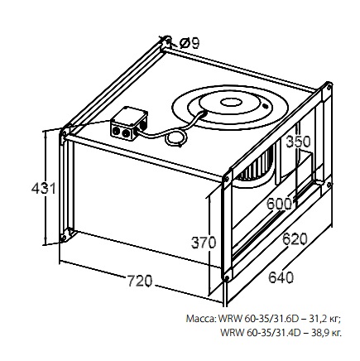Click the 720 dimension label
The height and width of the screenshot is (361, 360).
[x=140, y=281]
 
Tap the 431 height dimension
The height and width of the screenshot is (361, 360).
[x=44, y=189]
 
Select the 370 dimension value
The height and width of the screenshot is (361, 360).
[x=204, y=243]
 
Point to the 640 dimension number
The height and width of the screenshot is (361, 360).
[x=281, y=277]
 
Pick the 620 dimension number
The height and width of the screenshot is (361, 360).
[x=295, y=239]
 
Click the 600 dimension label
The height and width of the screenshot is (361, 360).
[x=279, y=204]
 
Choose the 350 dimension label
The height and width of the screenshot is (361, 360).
[x=298, y=142]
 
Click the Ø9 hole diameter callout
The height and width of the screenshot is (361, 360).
[x=190, y=43]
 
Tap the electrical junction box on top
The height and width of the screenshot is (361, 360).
[x=129, y=123]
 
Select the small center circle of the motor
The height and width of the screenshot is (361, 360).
[x=230, y=103]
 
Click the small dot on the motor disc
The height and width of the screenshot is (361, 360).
[x=265, y=105]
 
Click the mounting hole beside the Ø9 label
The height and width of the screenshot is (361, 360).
[x=168, y=41]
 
